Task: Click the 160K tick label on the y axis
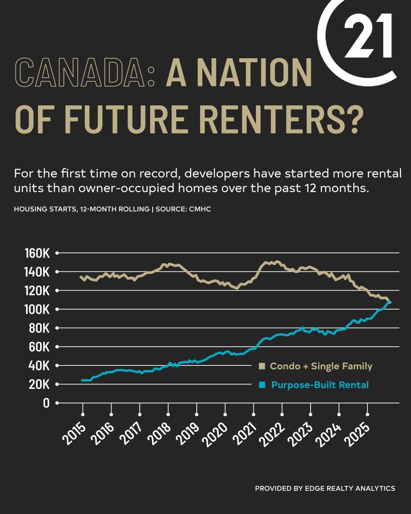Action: point(37,253)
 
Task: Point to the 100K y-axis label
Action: point(37,309)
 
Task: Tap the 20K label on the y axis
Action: point(39,384)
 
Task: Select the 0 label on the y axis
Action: point(46,403)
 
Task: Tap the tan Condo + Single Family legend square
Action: point(261,366)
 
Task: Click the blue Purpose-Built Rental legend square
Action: point(261,385)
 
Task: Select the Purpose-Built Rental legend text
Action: point(320,385)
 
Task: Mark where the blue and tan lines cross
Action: point(388,302)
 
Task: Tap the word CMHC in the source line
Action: point(200,209)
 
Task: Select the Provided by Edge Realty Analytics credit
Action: point(325,488)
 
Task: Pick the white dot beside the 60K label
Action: point(57,347)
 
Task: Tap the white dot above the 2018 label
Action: point(168,415)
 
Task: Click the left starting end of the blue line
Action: point(82,380)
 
